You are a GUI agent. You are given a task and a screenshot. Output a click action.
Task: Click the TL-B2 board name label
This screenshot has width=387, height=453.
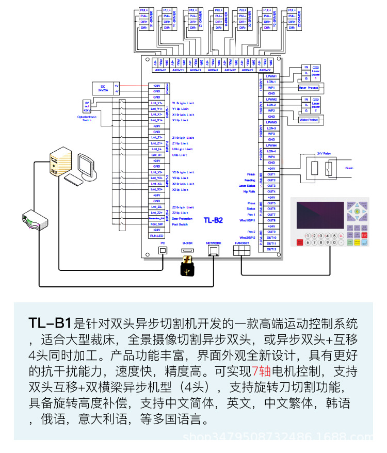click(213, 220)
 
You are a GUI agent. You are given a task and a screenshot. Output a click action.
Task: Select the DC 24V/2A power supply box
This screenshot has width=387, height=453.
click(103, 88)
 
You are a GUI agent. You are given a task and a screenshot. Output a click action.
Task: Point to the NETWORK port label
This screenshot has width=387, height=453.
click(213, 242)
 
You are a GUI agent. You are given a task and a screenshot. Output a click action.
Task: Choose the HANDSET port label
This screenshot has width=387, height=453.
click(241, 242)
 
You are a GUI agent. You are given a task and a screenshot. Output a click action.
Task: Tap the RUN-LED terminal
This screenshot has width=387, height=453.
click(156, 236)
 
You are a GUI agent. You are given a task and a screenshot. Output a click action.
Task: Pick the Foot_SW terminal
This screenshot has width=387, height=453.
click(156, 224)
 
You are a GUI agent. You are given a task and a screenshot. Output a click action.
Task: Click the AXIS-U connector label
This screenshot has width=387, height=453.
click(213, 70)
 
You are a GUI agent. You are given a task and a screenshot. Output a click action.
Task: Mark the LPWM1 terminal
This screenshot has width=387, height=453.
click(271, 76)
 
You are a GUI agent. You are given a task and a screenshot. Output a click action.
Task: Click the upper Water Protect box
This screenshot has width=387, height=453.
click(309, 88)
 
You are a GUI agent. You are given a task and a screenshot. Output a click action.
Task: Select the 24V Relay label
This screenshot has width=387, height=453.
click(324, 154)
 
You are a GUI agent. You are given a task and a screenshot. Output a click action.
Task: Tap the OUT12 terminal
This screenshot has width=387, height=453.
click(271, 249)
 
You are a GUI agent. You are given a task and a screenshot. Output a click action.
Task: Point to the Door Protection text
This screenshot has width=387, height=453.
click(183, 219)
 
